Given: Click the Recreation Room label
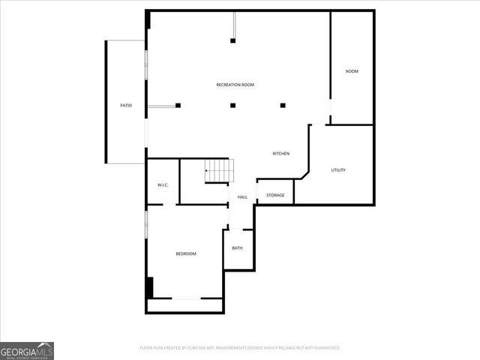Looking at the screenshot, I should (235, 85).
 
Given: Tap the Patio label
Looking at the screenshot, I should (126, 106).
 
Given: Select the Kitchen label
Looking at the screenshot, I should (280, 154).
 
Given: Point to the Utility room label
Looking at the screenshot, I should (338, 170).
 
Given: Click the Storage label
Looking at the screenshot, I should (275, 195).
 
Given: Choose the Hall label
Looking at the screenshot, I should (242, 197).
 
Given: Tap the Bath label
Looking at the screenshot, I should (237, 248).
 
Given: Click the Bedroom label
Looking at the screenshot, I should (186, 254).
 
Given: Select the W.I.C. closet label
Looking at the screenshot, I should (163, 185).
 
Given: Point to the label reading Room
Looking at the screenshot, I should (352, 71).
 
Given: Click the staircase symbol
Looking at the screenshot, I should (220, 171).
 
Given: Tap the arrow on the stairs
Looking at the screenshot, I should (207, 172).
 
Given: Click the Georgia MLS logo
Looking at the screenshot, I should (27, 350).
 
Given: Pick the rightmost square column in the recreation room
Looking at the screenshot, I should (283, 105).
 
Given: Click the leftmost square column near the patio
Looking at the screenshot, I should (178, 105).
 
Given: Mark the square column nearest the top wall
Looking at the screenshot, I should (232, 40).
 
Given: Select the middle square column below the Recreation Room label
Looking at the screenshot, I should (232, 105).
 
